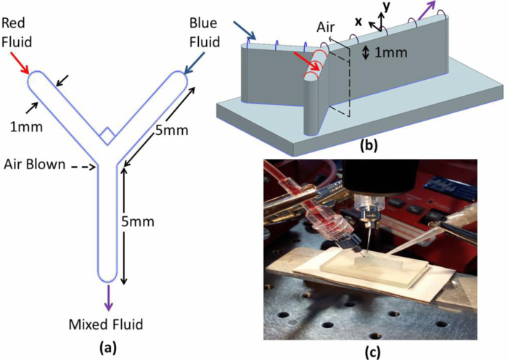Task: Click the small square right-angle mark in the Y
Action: coord(107,134)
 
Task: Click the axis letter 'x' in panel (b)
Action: coord(358,22)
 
